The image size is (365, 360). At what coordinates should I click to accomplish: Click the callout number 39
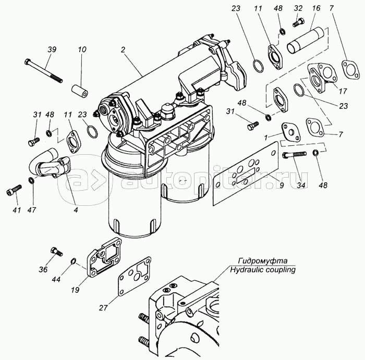52,49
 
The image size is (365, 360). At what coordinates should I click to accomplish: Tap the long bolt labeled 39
43,71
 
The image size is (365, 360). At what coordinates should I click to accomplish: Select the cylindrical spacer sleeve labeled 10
80,91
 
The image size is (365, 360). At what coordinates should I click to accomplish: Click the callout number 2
123,49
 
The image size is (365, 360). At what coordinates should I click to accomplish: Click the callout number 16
316,8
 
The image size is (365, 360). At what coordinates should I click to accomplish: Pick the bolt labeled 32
297,22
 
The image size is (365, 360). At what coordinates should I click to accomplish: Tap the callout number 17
343,91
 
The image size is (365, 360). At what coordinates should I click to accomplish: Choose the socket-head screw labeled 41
14,190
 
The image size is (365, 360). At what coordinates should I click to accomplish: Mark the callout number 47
31,210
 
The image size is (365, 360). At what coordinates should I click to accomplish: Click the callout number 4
76,210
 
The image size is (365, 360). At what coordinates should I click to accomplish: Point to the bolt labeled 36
56,252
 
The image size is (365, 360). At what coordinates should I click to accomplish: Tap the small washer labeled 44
73,261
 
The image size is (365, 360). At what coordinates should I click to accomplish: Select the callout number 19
75,290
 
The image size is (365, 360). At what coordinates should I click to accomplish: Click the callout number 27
103,308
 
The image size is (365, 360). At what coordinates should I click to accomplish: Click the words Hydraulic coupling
263,270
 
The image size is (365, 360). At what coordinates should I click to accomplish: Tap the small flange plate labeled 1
291,132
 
